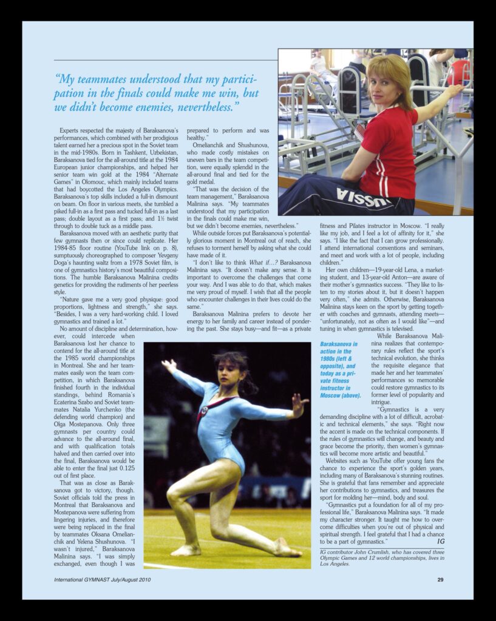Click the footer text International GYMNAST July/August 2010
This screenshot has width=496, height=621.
click(x=102, y=580)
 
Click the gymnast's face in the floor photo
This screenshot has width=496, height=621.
click(x=226, y=371)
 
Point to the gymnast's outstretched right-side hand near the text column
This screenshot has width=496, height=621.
click(x=299, y=404)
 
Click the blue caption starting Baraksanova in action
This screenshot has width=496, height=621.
click(x=340, y=369)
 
